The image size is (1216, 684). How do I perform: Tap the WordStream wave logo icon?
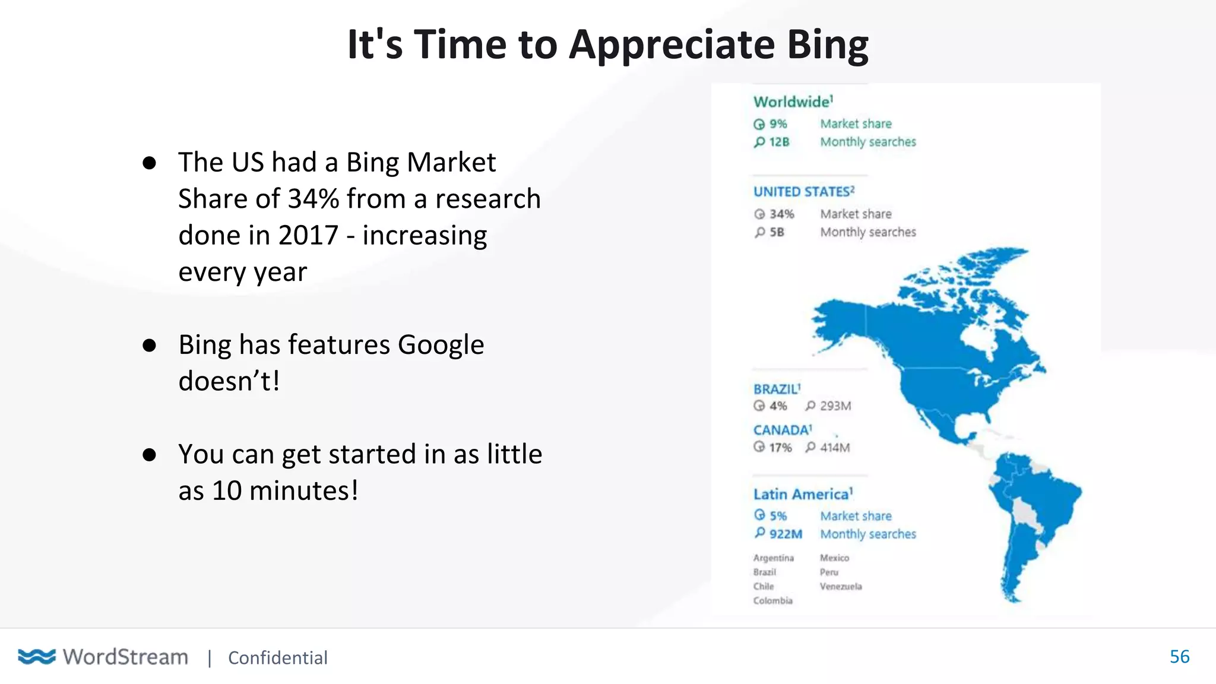click(37, 657)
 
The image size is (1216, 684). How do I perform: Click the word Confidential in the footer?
click(277, 658)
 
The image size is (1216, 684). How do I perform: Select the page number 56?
click(1179, 657)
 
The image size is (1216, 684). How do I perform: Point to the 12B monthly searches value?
click(778, 142)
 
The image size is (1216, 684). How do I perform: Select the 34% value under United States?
click(781, 214)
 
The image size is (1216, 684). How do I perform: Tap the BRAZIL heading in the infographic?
click(776, 389)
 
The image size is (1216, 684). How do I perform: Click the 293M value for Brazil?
click(835, 406)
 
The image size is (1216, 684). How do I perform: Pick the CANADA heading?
click(781, 430)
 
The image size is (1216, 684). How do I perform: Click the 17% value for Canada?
click(780, 448)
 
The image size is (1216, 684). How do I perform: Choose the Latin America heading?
click(802, 494)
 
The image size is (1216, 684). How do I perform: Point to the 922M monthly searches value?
click(785, 534)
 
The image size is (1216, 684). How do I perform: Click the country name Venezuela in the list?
click(840, 587)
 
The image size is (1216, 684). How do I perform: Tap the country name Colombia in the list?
click(772, 601)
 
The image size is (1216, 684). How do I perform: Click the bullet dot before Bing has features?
click(149, 345)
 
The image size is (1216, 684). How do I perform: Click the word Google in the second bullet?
click(441, 345)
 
